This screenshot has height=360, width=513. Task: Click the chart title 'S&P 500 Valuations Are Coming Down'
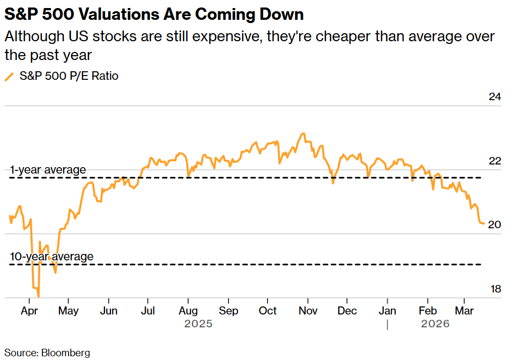[154, 14]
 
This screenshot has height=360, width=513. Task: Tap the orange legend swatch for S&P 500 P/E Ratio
[9, 77]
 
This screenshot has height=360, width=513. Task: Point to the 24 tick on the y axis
[494, 97]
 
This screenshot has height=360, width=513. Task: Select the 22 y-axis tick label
[494, 161]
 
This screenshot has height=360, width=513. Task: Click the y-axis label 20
[494, 224]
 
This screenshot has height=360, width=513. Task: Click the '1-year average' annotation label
[48, 170]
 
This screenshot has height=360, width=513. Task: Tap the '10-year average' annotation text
[51, 257]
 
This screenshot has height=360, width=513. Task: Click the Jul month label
[148, 311]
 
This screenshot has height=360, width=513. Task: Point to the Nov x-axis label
[308, 311]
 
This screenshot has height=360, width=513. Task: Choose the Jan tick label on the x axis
[388, 311]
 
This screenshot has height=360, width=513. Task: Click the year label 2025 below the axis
[198, 324]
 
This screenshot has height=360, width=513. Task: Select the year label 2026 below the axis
[435, 324]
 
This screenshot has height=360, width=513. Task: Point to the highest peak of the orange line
[303, 133]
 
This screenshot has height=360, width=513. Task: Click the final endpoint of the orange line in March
[484, 223]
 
